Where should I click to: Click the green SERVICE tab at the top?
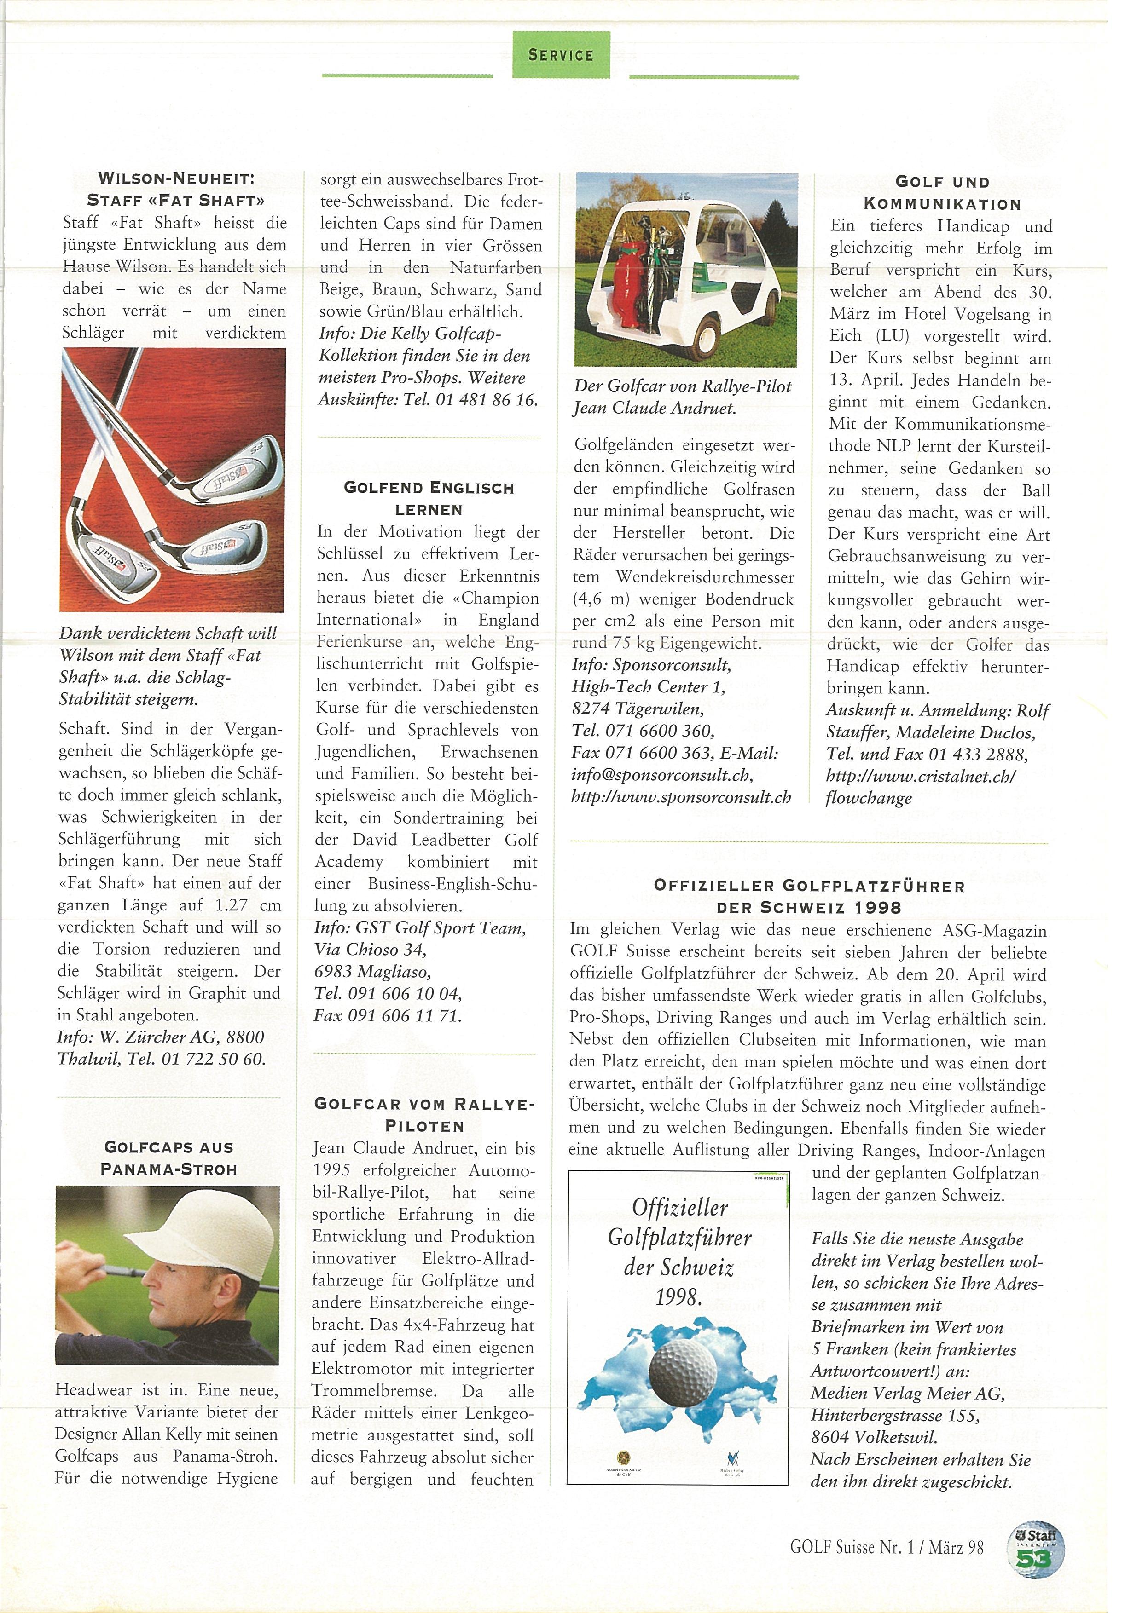[560, 55]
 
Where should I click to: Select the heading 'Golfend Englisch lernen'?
[429, 498]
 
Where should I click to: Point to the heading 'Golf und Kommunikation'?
[942, 193]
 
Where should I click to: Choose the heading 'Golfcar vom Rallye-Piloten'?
[424, 1114]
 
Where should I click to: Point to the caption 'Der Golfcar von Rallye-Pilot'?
[682, 386]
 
